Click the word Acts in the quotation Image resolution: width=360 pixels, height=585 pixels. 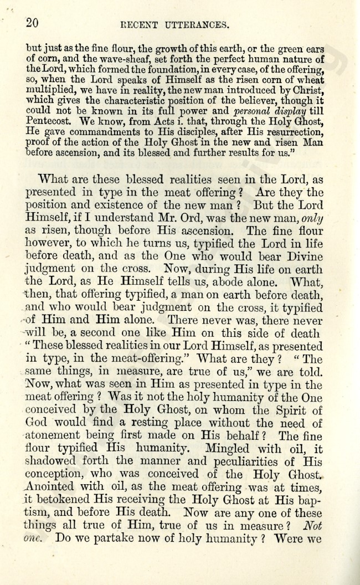[150, 120]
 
